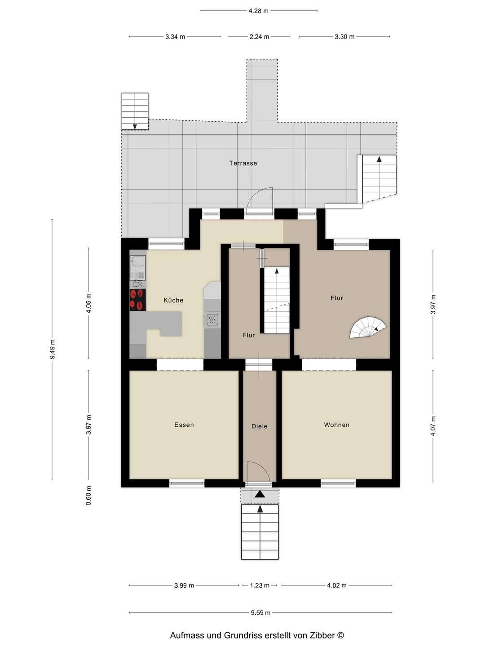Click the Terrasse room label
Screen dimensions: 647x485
[x=243, y=163]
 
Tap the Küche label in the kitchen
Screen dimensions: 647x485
[x=173, y=300]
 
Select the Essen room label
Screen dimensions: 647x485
[x=184, y=425]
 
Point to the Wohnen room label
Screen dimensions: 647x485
[x=336, y=425]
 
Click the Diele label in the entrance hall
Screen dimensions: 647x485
[x=260, y=426]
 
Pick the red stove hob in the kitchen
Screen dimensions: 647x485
[x=138, y=300]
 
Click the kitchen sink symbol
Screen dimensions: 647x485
[x=138, y=261]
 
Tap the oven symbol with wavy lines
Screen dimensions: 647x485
[x=212, y=319]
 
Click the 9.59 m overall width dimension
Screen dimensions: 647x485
[x=260, y=612]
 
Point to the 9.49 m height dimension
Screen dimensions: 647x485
[x=52, y=349]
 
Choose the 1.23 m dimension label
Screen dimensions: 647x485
[x=260, y=585]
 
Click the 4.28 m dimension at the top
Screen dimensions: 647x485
[x=258, y=11]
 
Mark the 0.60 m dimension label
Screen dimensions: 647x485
[x=88, y=496]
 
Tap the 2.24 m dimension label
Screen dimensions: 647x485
[x=259, y=37]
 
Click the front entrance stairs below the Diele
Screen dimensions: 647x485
[x=260, y=532]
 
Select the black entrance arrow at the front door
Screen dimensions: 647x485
[x=260, y=494]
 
